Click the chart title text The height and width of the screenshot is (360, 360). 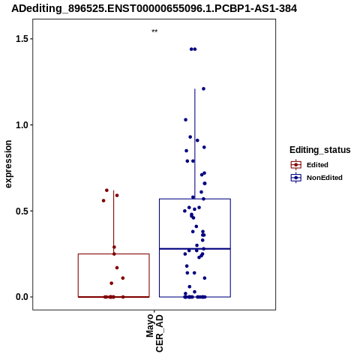coord(154,8)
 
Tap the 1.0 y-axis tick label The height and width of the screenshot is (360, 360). coord(21,125)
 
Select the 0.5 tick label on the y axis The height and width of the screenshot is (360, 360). coord(21,211)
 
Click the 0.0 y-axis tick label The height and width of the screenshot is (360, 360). coord(21,297)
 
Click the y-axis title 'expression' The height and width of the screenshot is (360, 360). coord(8,164)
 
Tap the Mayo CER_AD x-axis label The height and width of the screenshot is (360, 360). coord(154,333)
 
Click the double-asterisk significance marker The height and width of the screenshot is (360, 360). coord(154,31)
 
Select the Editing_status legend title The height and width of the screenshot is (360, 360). coord(320,150)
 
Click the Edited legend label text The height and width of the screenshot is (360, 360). coord(317,165)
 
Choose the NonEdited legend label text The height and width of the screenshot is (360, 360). coord(325,178)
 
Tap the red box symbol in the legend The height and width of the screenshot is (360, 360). coord(296,165)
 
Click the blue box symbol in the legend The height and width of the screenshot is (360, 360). coord(296,178)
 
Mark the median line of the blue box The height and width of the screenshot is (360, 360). coord(195,249)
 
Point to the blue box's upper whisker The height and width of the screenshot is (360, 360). coord(195,144)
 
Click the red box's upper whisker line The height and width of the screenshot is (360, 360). coord(114,222)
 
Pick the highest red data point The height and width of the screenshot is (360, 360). coord(106,190)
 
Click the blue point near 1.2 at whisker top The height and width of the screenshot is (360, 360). coord(203,88)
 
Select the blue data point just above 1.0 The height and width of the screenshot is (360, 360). coord(186,120)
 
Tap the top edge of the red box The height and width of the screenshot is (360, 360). coord(114,254)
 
